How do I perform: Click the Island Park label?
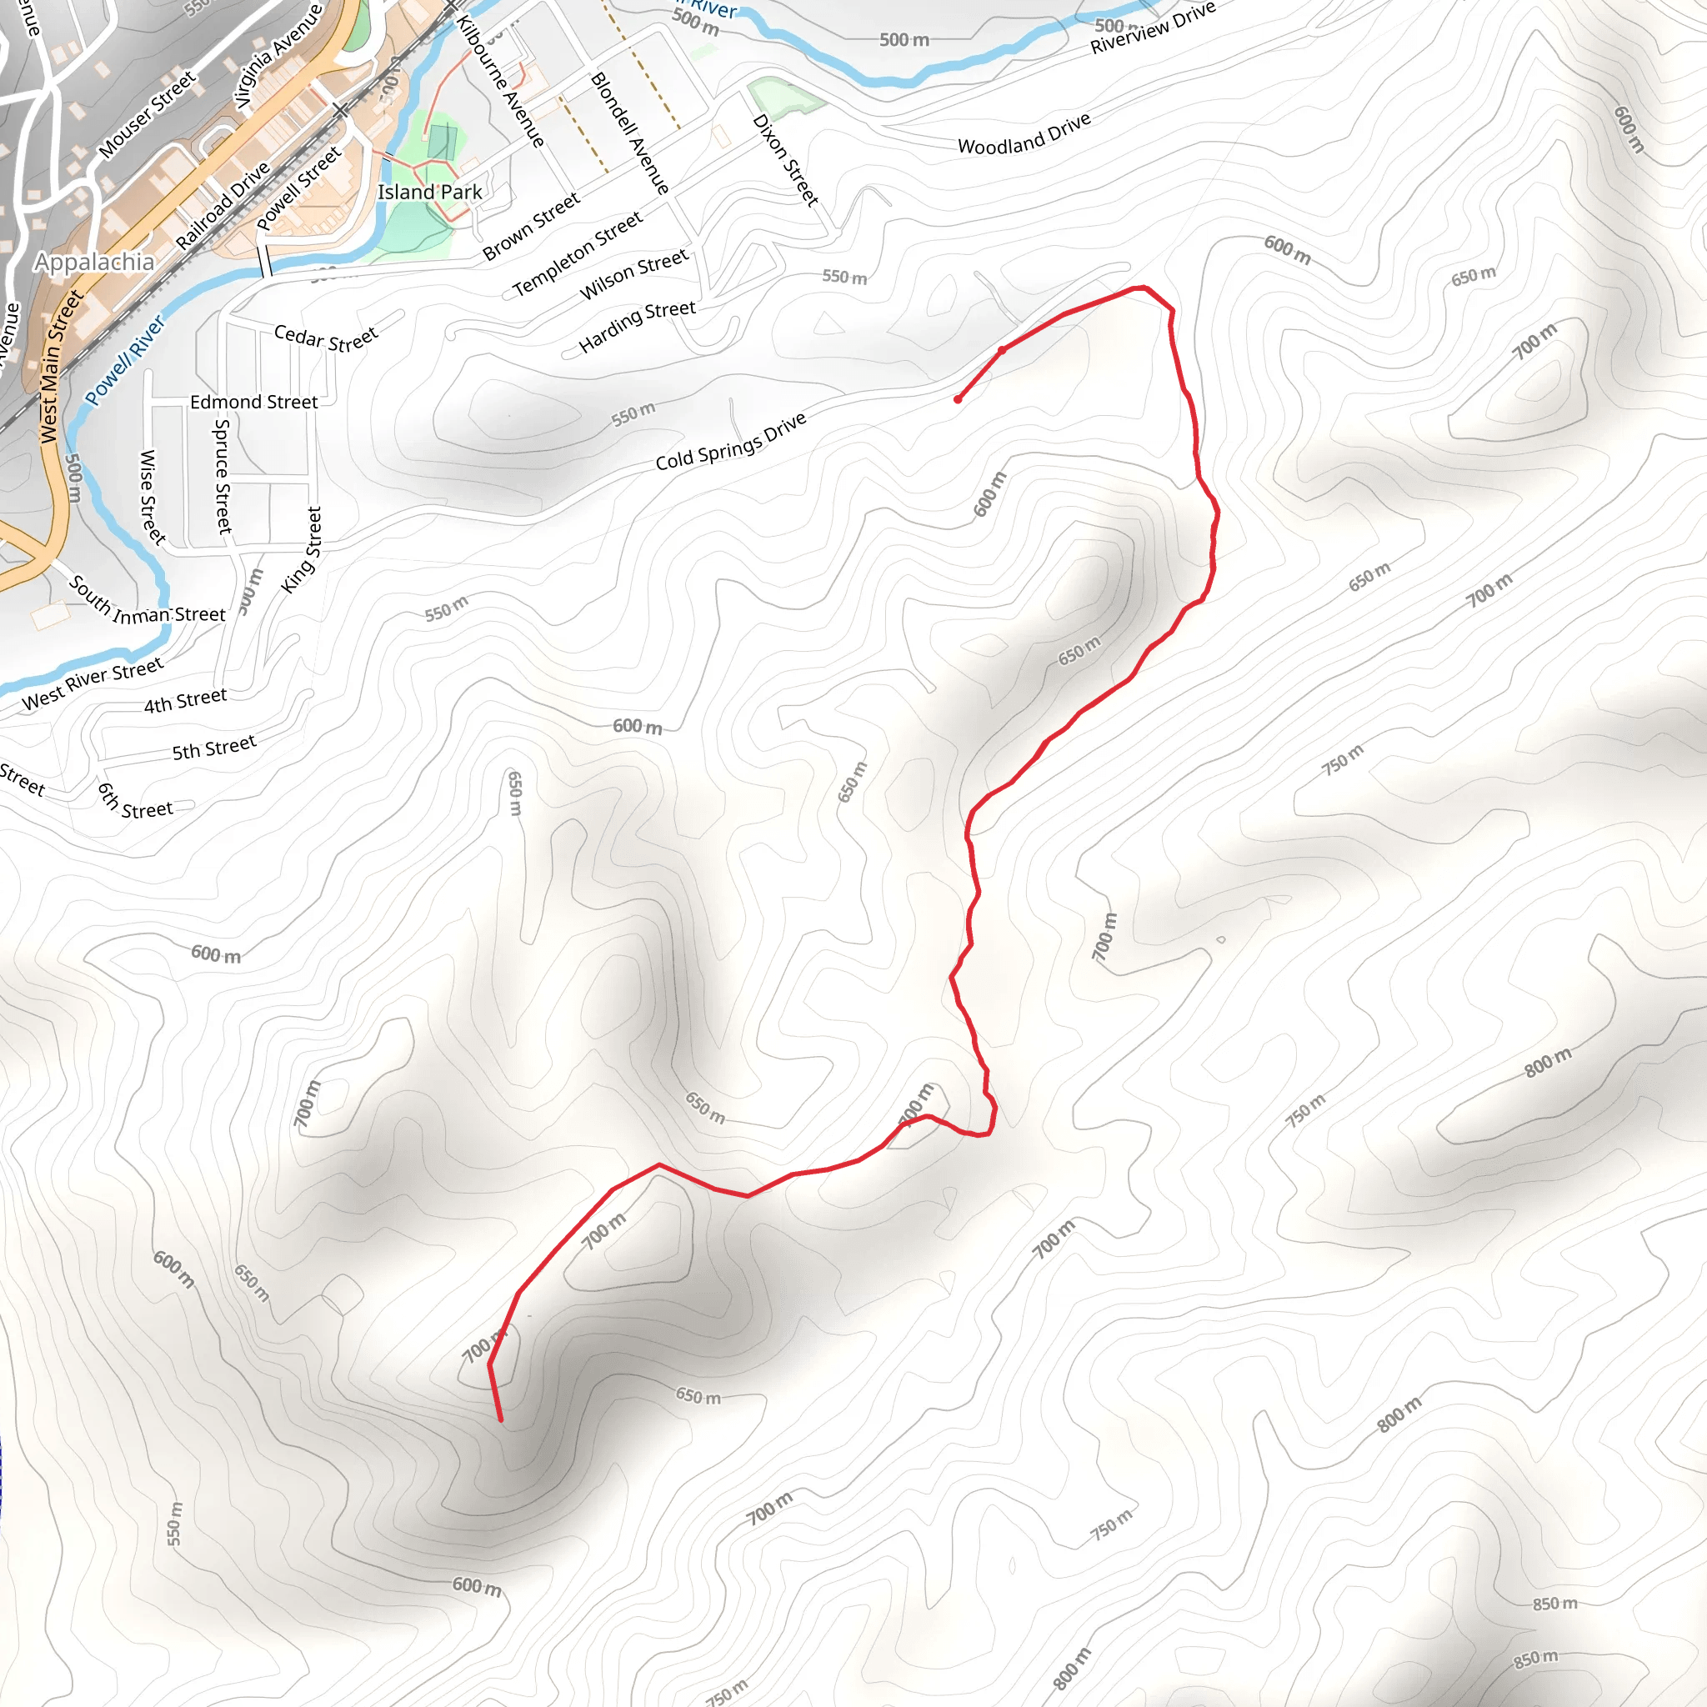pos(429,193)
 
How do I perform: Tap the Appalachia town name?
pos(93,263)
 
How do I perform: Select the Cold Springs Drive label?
pos(731,441)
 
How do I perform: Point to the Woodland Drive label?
pos(1024,134)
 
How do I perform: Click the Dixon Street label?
pos(784,160)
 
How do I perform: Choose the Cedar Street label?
pos(325,338)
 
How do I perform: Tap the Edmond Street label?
pos(253,403)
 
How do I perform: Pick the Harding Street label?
pos(637,326)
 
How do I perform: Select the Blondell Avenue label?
pos(629,133)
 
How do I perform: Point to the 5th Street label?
pos(214,748)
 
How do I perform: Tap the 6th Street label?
pos(134,803)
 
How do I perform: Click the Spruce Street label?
pos(223,476)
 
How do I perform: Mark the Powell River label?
pos(124,360)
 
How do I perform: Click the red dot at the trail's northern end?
pos(958,399)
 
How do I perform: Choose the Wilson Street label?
pos(633,275)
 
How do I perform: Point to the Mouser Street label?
pos(147,116)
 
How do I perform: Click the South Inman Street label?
pos(147,603)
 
